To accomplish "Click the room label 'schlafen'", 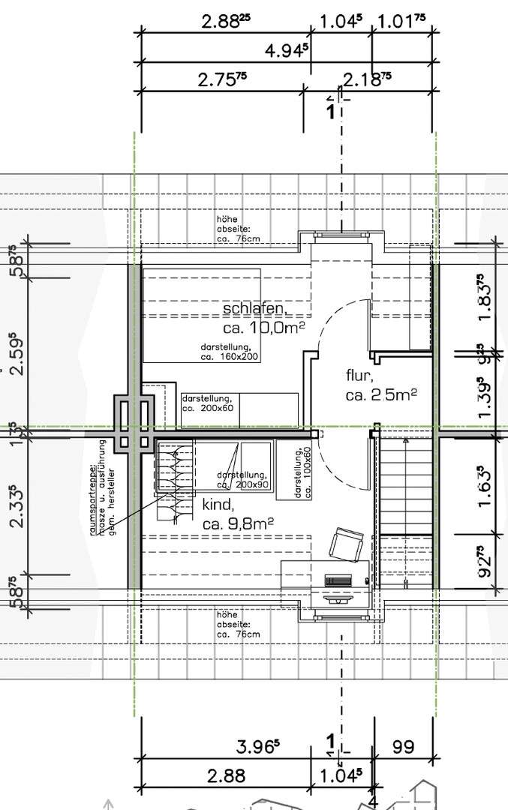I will (x=254, y=309).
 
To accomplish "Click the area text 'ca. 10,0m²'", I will (x=263, y=328).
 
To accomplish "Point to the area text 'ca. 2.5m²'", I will (x=381, y=394).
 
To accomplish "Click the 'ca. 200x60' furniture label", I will (x=207, y=403).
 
